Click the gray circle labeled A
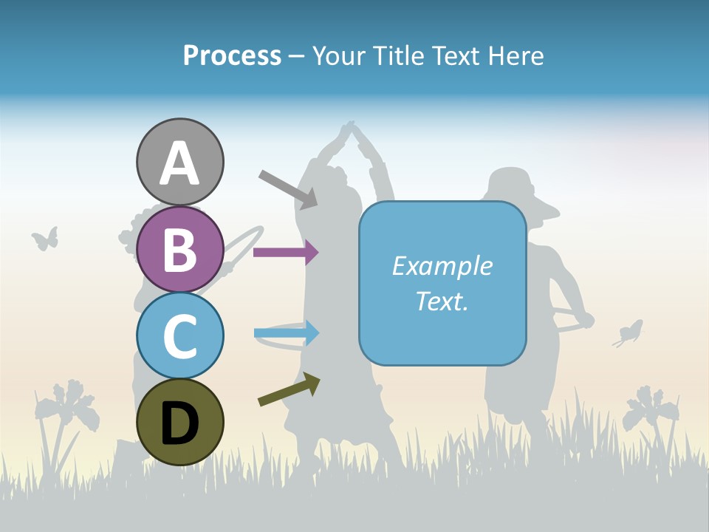tap(179, 162)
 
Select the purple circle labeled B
tap(179, 249)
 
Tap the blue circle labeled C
tap(179, 335)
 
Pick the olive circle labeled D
tap(179, 422)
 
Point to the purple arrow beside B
tap(286, 252)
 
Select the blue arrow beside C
tap(287, 333)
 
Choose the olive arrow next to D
tap(289, 389)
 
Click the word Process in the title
tap(232, 55)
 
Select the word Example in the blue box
tap(442, 266)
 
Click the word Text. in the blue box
tap(442, 301)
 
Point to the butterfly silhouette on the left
tap(45, 238)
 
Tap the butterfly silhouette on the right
tap(628, 333)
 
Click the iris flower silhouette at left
tap(70, 406)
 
